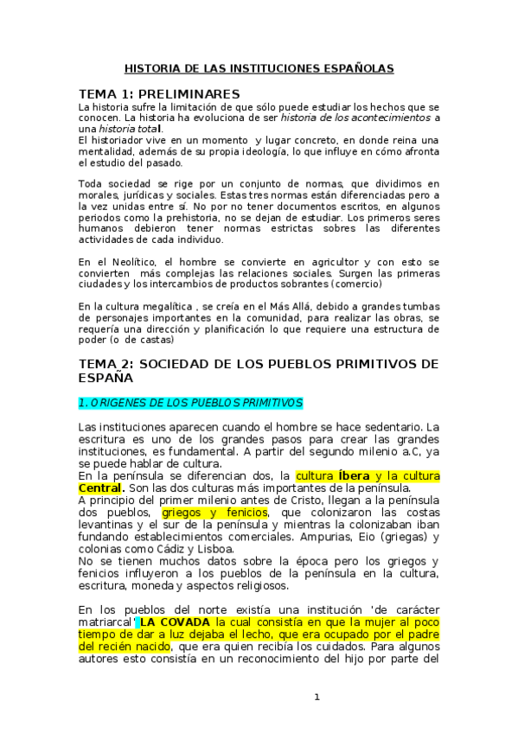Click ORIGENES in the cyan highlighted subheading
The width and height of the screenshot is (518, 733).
[115, 403]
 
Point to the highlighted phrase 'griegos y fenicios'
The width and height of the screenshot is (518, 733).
[214, 513]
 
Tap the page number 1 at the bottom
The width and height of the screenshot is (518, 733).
[317, 697]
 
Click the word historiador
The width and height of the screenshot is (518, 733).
[117, 140]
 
